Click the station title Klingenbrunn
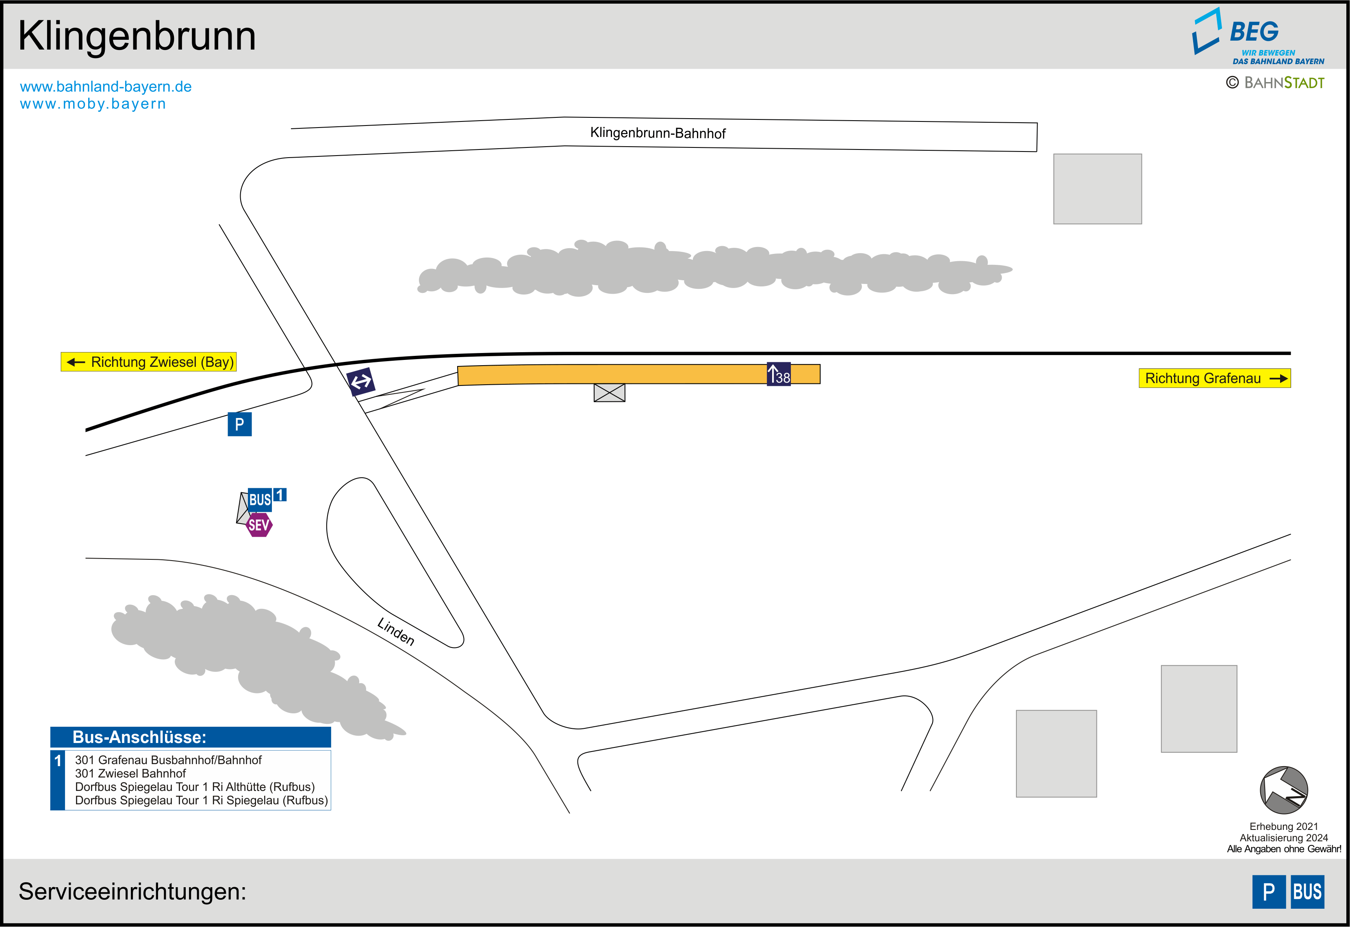(137, 36)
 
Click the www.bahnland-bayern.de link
(106, 87)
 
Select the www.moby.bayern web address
(93, 104)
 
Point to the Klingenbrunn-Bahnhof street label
(658, 133)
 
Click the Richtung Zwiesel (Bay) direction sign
(149, 362)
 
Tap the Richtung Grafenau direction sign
(1214, 378)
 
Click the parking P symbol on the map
(239, 424)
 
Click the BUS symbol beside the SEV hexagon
(260, 500)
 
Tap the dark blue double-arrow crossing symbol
(361, 381)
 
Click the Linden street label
(395, 631)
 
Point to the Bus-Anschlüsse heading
(139, 737)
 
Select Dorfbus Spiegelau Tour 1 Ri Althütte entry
(195, 787)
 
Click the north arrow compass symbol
(1284, 790)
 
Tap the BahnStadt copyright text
(1276, 83)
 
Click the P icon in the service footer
(1269, 892)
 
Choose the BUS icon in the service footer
(1307, 892)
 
